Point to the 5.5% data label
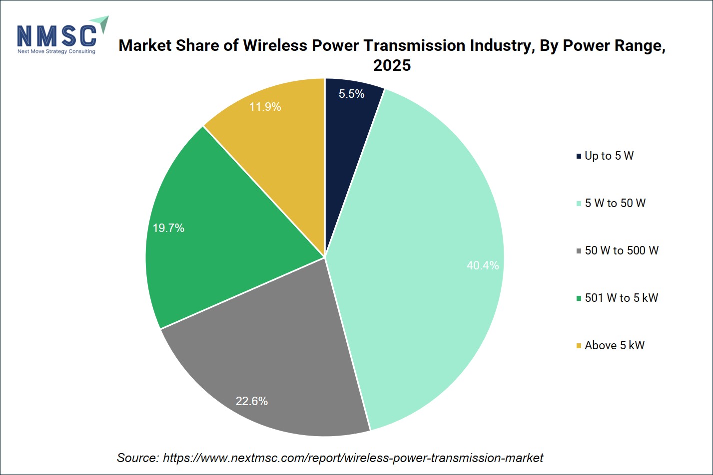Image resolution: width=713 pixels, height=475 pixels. [x=351, y=94]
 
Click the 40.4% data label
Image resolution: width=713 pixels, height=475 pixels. [x=483, y=265]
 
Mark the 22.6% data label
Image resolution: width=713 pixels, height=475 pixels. [x=251, y=401]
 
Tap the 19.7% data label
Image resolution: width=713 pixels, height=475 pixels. [x=168, y=228]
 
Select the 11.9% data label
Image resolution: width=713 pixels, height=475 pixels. [x=265, y=107]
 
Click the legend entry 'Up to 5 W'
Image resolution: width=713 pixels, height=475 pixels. [x=605, y=156]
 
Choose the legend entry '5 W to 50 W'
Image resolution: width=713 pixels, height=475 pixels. [x=611, y=203]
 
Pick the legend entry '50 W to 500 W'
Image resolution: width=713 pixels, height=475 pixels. [x=617, y=250]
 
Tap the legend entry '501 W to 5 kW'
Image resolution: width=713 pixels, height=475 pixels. [x=617, y=298]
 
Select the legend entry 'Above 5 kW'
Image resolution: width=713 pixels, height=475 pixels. [x=611, y=345]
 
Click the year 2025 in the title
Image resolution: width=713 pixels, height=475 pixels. [x=392, y=65]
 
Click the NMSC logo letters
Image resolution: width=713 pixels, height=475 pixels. [x=56, y=35]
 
